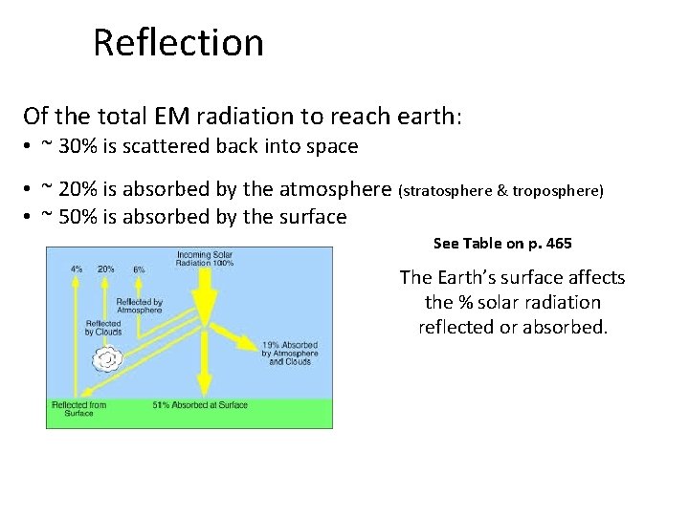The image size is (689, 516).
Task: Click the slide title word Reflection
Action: click(178, 43)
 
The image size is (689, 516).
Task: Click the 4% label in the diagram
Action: click(77, 269)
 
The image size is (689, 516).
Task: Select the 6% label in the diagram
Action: click(139, 269)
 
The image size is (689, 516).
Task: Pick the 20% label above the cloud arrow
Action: click(106, 269)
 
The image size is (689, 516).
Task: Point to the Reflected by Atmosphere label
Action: click(139, 306)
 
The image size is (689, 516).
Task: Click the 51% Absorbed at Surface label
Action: click(200, 405)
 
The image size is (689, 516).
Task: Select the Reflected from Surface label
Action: click(78, 409)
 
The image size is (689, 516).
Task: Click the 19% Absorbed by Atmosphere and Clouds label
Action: click(290, 353)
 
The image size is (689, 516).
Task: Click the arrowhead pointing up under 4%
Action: click(77, 283)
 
